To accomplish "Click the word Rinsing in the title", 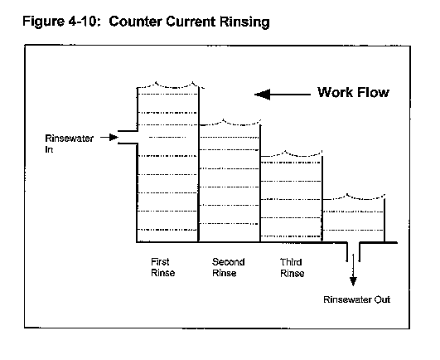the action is click(244, 22).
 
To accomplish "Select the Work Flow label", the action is click(353, 92).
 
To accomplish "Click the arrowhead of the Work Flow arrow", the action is click(262, 95).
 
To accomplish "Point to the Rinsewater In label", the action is click(69, 144).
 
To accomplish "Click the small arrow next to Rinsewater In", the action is click(109, 138).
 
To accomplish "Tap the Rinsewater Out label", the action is click(356, 299).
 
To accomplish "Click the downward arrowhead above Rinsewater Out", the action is click(353, 281).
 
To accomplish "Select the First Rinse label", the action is click(162, 267).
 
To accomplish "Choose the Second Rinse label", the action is click(228, 267).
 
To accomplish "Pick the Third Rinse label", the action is click(293, 268).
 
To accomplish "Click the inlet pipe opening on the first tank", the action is click(128, 138).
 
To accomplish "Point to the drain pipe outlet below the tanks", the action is click(353, 252).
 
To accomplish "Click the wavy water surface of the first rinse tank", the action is click(171, 85).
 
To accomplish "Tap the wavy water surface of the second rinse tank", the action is click(230, 123).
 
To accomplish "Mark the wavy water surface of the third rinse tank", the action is click(292, 154).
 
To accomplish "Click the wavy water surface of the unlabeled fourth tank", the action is click(354, 197).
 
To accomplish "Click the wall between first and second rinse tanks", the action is click(199, 164).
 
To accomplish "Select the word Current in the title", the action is click(191, 22).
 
